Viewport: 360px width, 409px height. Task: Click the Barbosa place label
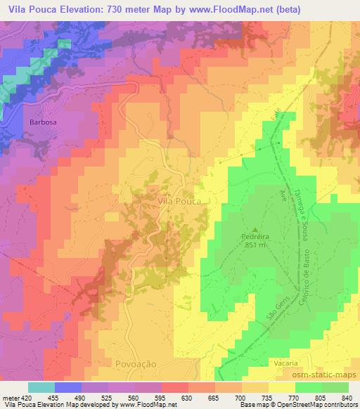[x=41, y=122]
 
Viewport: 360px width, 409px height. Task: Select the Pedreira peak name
[x=255, y=238]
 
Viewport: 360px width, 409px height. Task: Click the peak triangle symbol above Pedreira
[x=255, y=229]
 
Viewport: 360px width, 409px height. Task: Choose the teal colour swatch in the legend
[x=41, y=387]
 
